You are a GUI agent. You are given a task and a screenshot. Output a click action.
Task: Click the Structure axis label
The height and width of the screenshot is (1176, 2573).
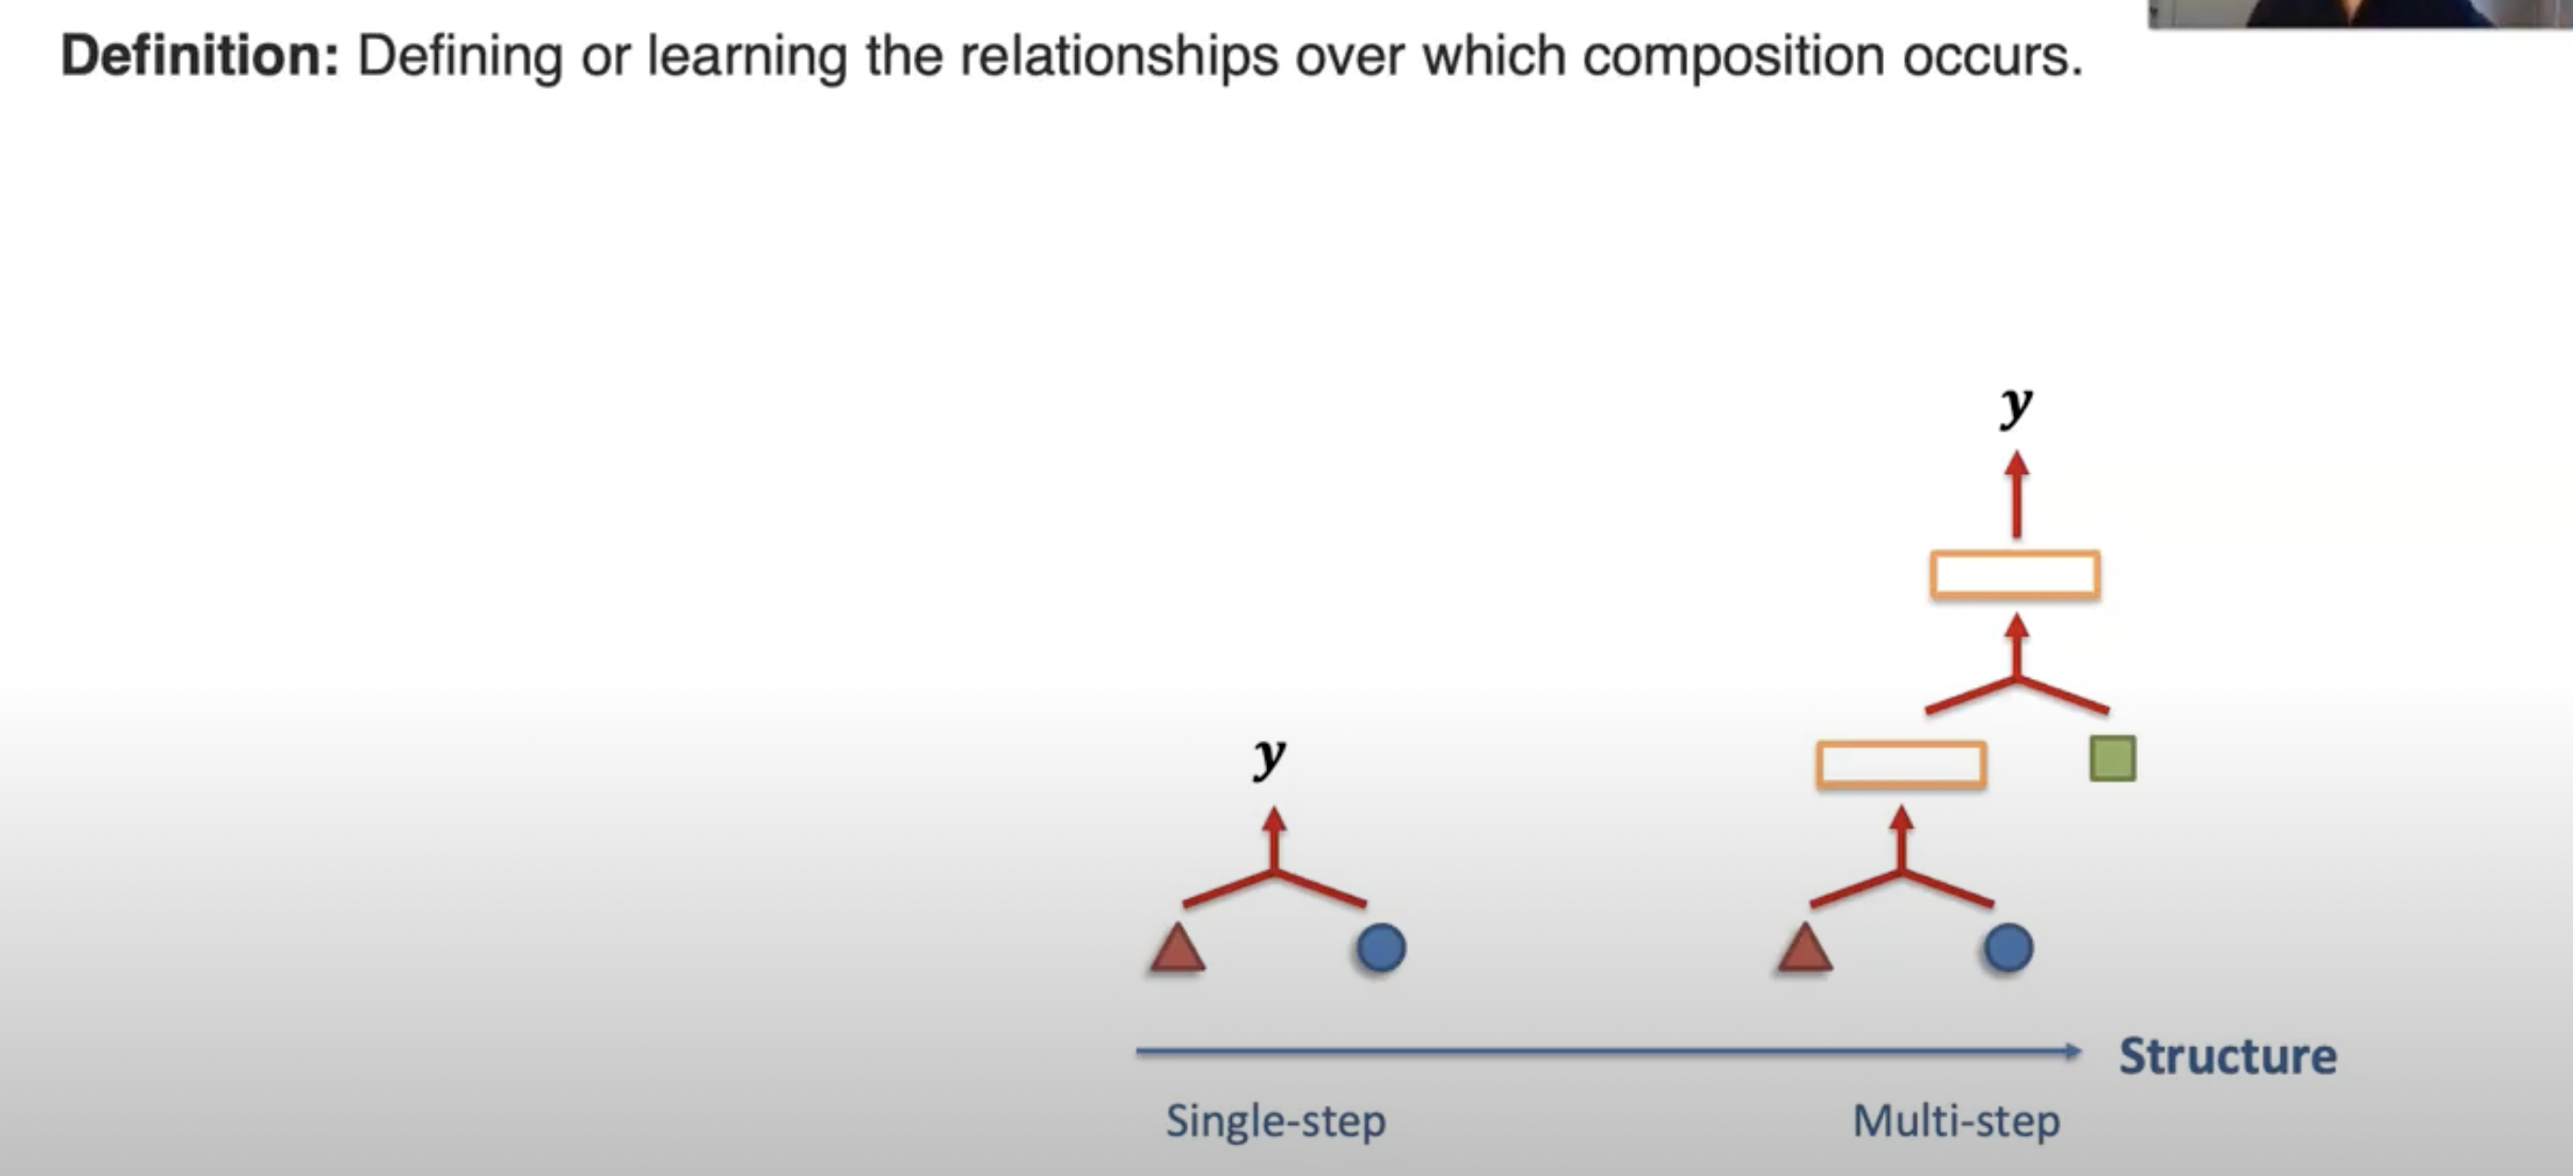[2227, 1056]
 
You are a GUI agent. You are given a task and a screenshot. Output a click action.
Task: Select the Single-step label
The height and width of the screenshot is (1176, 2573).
[1275, 1121]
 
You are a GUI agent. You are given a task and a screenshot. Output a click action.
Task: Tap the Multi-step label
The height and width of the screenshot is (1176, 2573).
[1955, 1121]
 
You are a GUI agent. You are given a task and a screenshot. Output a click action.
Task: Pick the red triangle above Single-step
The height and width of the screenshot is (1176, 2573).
[1178, 949]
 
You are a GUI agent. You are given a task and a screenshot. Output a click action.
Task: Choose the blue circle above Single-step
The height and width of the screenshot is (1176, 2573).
[1381, 948]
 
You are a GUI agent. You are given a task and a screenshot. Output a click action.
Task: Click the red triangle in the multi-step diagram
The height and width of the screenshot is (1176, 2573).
[1805, 949]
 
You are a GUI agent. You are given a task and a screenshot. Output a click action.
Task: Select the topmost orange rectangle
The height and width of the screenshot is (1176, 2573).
[2015, 574]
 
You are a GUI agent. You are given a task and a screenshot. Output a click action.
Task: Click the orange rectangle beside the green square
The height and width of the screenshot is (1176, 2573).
[1901, 765]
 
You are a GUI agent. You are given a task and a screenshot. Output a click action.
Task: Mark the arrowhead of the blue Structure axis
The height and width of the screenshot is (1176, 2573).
[2074, 1051]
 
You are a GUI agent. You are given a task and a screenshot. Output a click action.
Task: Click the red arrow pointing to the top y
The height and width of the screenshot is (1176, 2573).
[2016, 494]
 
